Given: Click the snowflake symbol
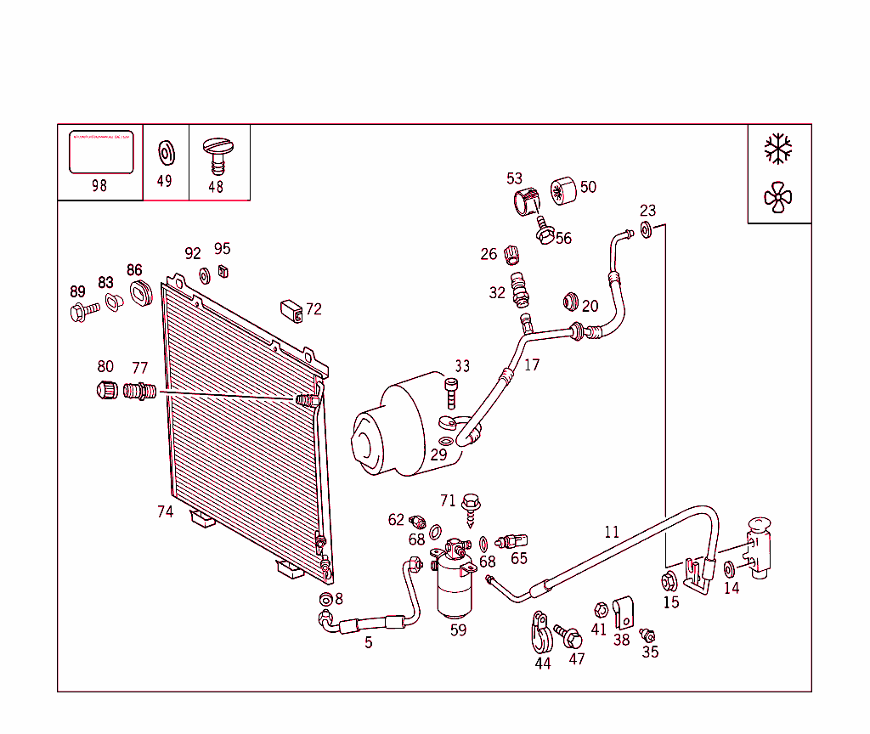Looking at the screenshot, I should click(777, 149).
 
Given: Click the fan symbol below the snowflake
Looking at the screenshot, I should click(777, 198).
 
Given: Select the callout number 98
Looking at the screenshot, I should click(99, 185).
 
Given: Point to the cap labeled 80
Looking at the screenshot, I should click(106, 392).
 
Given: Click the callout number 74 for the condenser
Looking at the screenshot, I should click(165, 511).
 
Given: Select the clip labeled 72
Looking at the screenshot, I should click(292, 312).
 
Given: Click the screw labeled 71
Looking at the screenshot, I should click(470, 511).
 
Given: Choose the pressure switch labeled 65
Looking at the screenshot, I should click(513, 540).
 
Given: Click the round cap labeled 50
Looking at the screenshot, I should click(562, 191).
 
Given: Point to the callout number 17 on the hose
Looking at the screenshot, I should click(532, 365).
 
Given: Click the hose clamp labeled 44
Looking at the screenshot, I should click(541, 633).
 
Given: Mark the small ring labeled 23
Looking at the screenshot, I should click(646, 229).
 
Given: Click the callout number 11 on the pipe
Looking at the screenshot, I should click(612, 533).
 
